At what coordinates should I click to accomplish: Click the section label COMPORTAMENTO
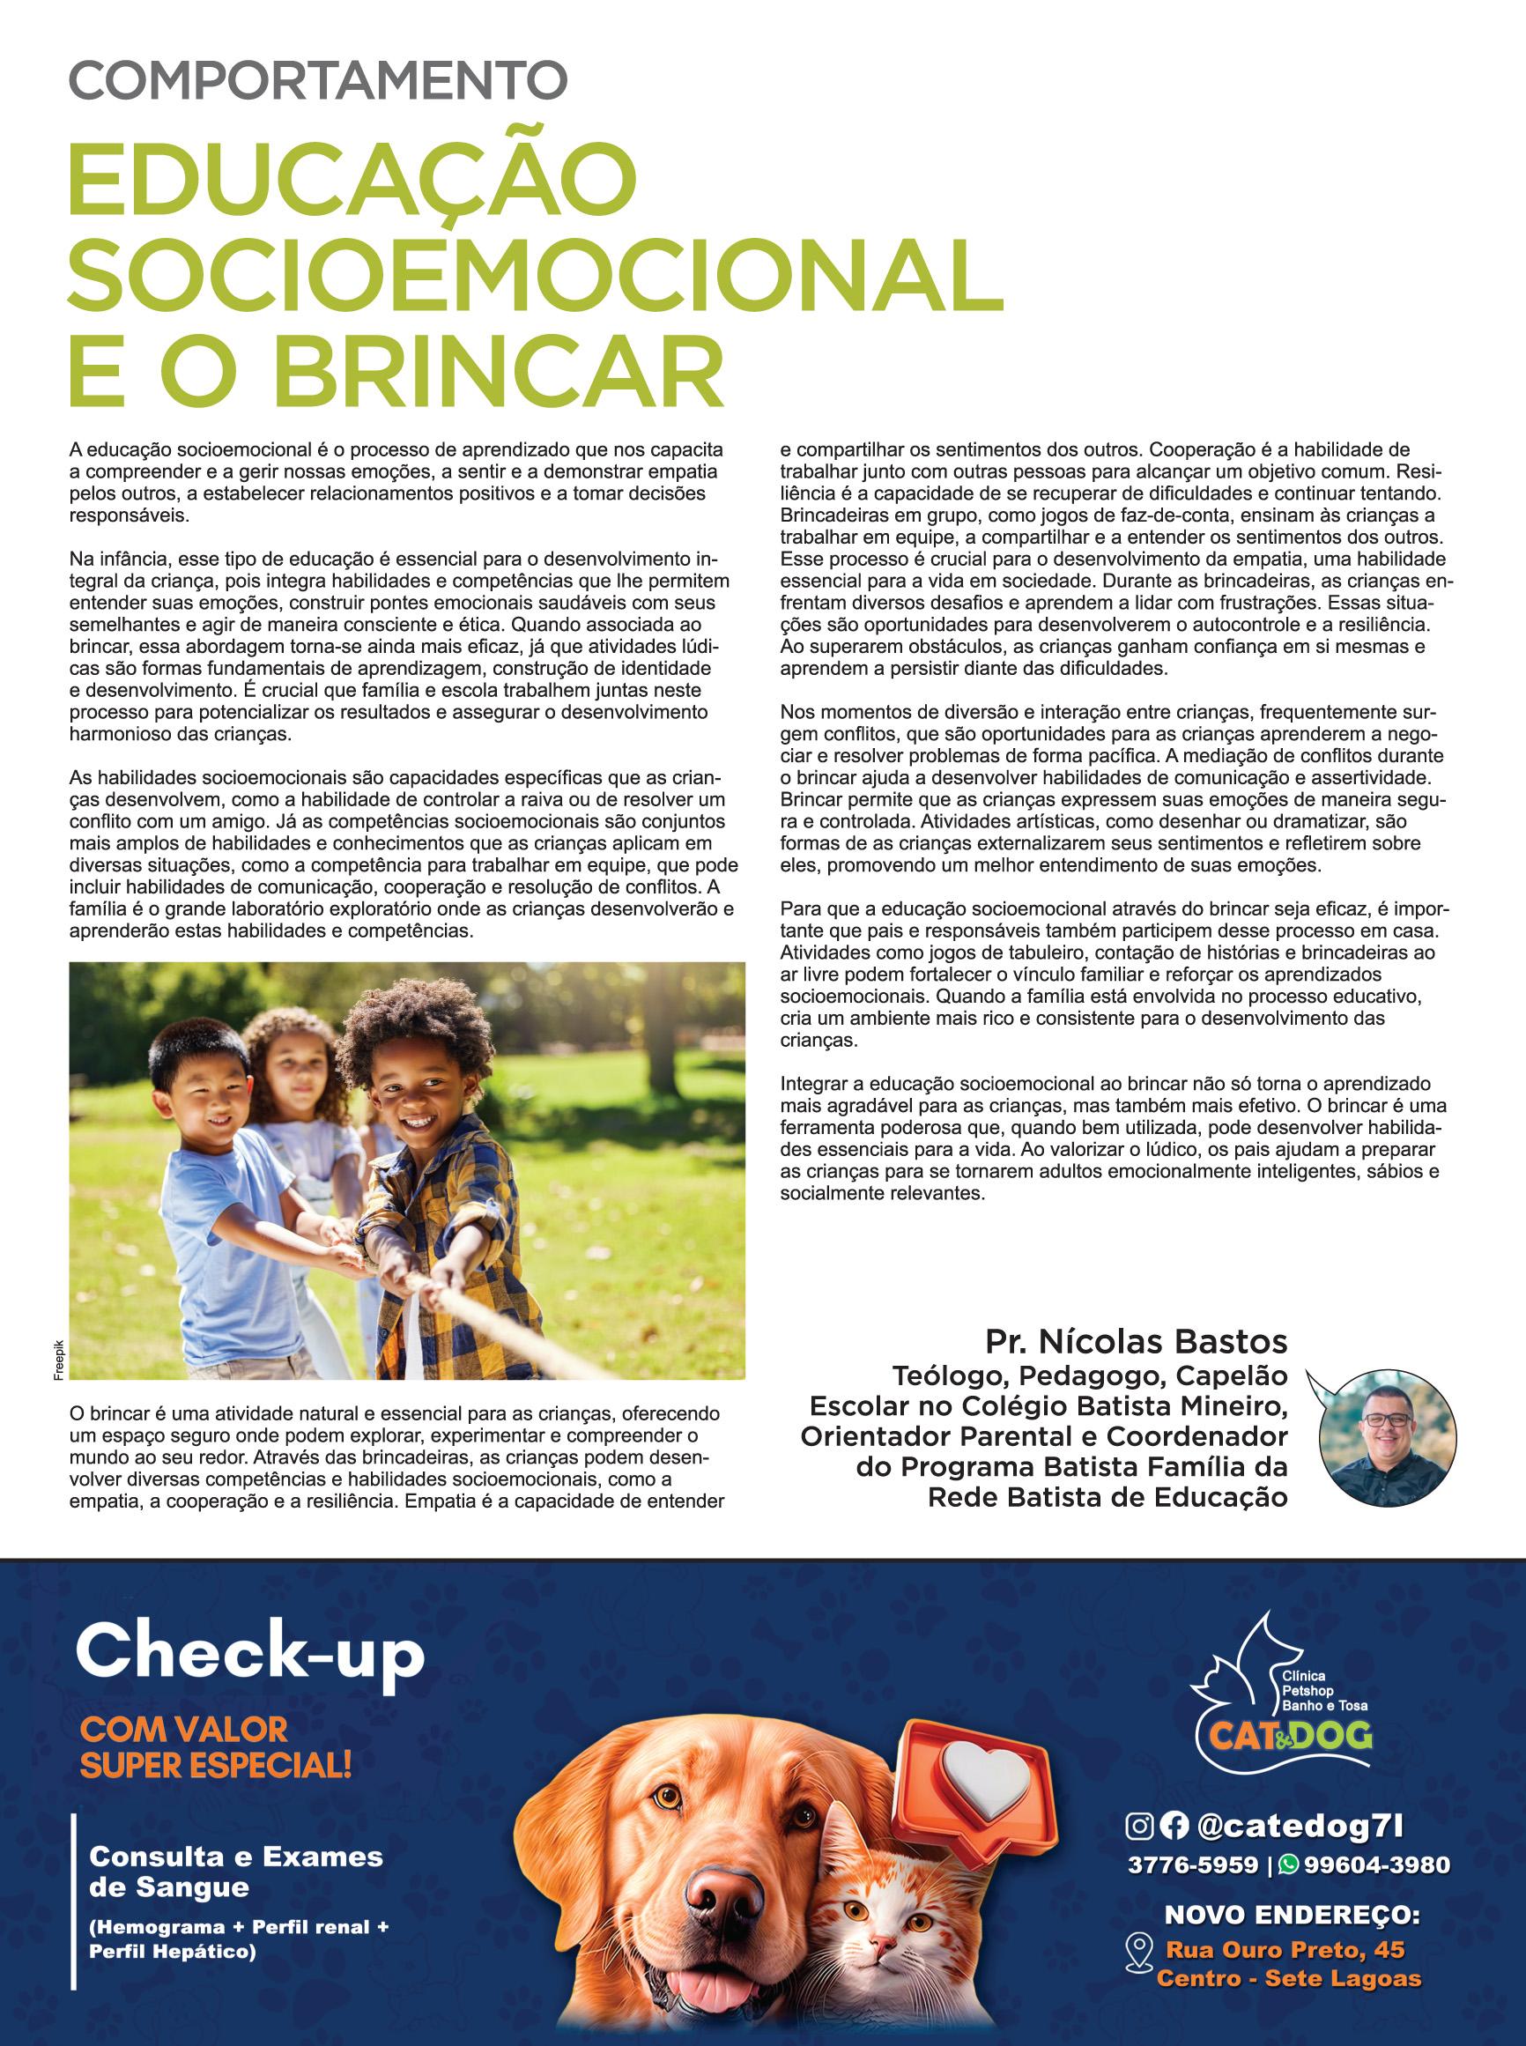318,80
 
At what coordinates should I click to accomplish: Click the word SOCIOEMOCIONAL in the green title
536,274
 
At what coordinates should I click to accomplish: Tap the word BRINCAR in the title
499,374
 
